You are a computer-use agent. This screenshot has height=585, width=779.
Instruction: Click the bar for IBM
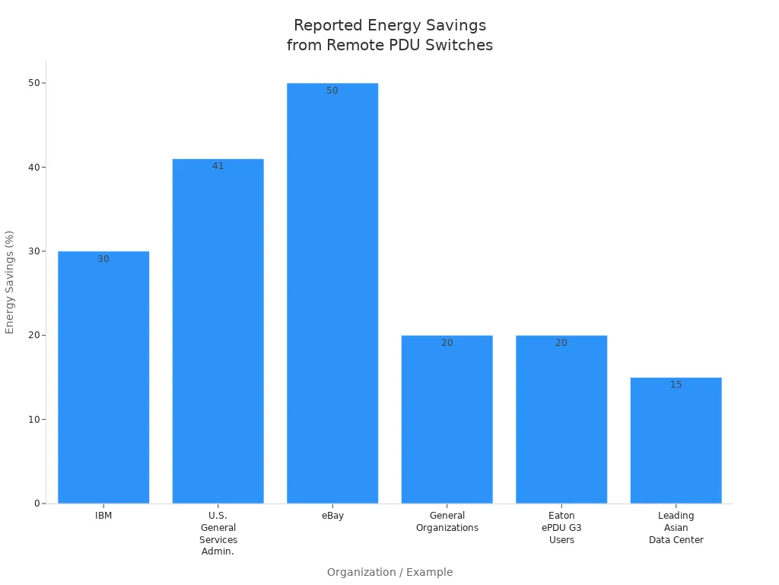103,377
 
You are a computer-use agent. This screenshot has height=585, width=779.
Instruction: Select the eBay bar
332,293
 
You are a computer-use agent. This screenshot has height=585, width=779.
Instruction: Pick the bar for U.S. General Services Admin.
218,331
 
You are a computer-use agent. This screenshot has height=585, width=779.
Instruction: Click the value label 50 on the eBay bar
332,91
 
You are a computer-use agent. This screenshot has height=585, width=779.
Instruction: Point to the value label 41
218,166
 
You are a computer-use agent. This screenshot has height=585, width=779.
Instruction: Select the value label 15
676,385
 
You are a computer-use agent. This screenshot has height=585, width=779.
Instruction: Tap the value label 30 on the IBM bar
103,259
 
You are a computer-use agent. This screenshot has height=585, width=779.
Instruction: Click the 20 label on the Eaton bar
561,343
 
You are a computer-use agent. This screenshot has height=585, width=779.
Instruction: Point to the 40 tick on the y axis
33,168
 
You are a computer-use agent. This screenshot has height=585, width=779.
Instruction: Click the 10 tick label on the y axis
33,420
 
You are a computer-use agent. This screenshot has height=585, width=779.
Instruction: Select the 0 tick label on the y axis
37,503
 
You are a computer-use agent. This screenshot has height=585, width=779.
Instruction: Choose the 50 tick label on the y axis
33,83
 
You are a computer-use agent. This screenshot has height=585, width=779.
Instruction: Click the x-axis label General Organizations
447,522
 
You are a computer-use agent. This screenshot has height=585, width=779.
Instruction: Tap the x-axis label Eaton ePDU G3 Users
561,528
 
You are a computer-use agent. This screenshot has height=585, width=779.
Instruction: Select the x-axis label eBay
332,516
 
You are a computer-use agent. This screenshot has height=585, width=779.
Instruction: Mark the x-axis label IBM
103,516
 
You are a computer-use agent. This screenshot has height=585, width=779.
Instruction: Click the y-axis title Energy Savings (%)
10,282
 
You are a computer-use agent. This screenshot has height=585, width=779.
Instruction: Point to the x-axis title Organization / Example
389,572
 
